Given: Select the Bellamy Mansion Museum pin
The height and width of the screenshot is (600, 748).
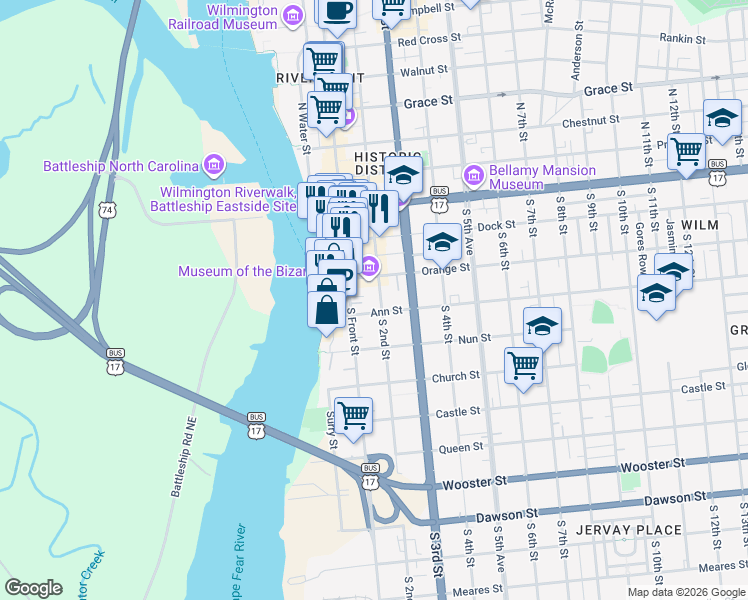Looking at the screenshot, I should pyautogui.click(x=474, y=176).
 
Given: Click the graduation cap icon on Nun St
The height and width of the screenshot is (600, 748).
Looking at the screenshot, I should pyautogui.click(x=542, y=325).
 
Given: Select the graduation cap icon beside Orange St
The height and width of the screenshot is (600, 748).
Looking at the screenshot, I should pyautogui.click(x=442, y=241).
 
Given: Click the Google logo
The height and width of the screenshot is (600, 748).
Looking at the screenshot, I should pyautogui.click(x=34, y=588).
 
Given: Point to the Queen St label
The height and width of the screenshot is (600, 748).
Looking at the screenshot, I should pyautogui.click(x=461, y=447).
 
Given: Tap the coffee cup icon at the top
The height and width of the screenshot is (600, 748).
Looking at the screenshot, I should pyautogui.click(x=337, y=10).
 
